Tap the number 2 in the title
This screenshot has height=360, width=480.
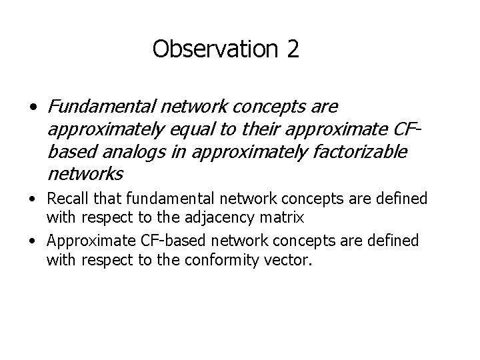coord(293,49)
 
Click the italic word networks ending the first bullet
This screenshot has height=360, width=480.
coord(85,174)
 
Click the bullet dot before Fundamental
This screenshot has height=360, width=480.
coord(32,108)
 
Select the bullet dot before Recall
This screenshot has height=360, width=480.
coord(33,199)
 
